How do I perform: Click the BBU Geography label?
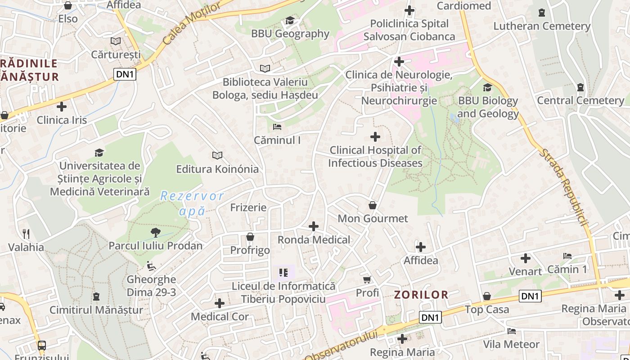(290, 34)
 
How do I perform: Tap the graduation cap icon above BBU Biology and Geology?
(487, 87)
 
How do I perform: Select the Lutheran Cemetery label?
(542, 26)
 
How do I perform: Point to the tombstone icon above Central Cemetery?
(580, 87)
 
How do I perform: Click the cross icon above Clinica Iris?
(62, 107)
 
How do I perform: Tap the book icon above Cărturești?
(116, 41)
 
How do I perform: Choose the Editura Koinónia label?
(217, 169)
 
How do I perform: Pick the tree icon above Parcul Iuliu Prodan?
(155, 233)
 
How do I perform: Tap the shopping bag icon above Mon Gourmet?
(373, 206)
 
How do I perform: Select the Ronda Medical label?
(314, 240)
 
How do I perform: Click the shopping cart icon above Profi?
(367, 280)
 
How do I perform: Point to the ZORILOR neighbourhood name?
(421, 295)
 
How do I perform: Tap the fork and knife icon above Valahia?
(26, 234)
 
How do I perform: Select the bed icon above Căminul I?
(277, 127)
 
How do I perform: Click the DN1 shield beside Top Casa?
(530, 296)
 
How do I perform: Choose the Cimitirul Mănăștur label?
(96, 310)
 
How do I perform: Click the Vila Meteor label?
(511, 344)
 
